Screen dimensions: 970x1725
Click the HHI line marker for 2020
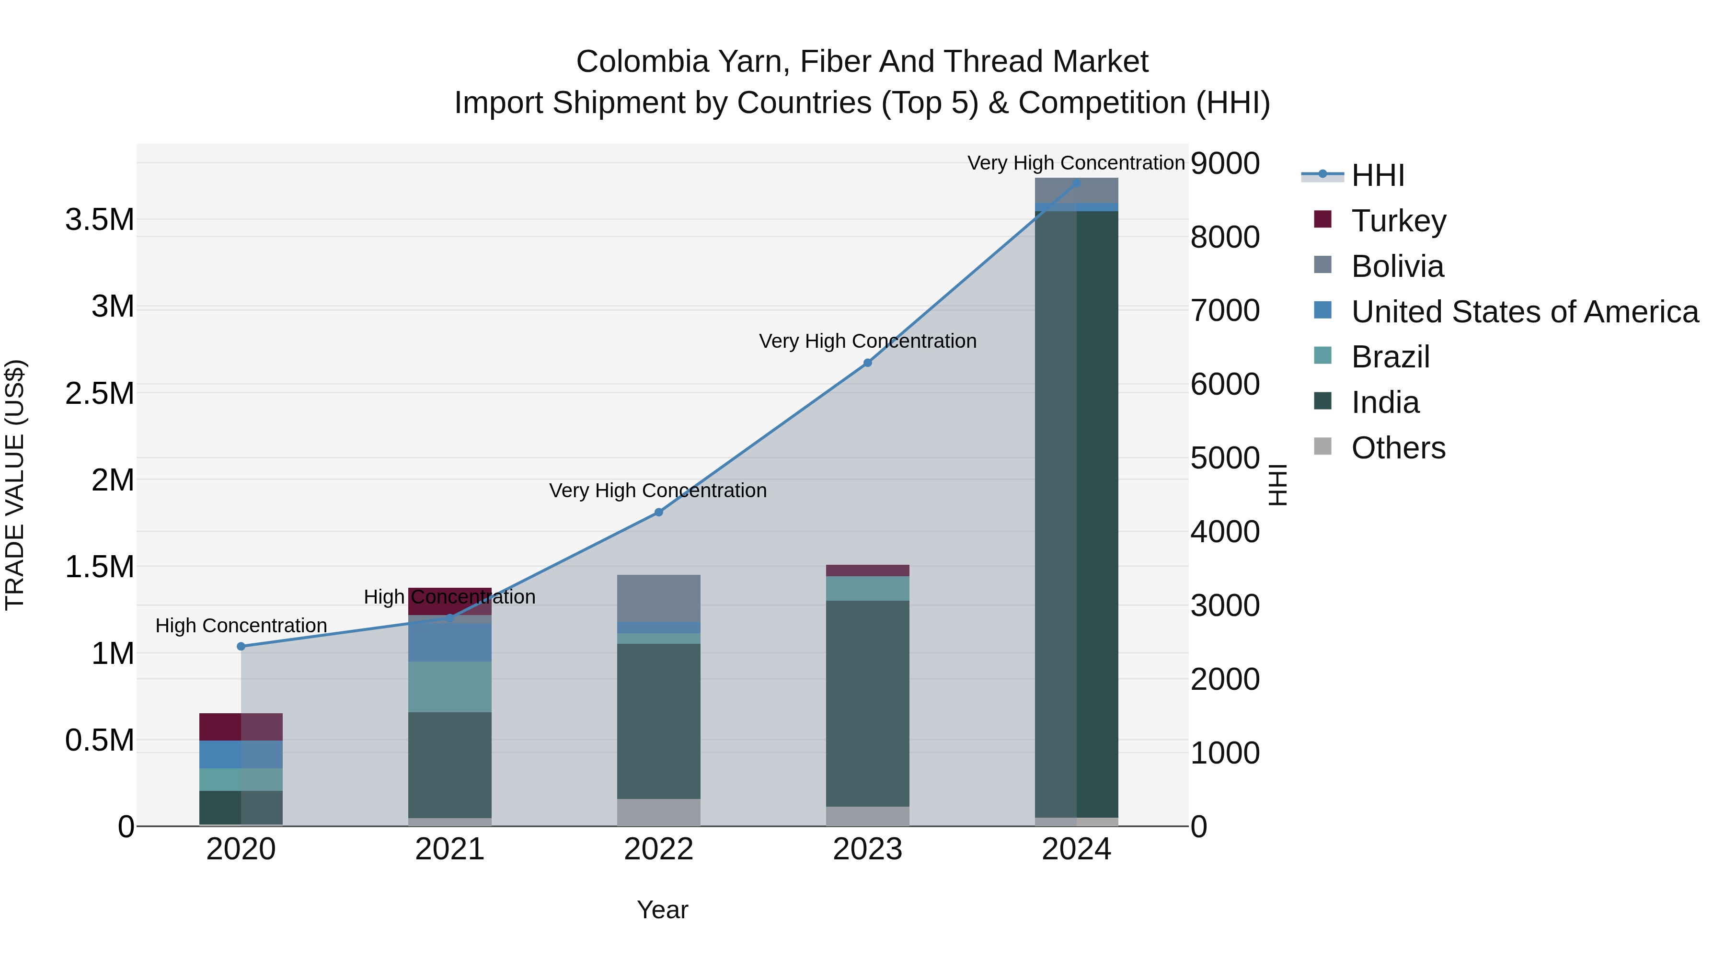tap(241, 646)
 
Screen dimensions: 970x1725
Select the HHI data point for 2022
tap(658, 512)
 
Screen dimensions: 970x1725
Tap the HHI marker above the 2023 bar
tap(867, 363)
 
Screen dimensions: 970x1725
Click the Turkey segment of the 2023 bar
tap(867, 571)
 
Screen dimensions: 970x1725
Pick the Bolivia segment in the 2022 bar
tap(658, 598)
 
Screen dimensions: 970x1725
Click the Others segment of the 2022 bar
tap(658, 812)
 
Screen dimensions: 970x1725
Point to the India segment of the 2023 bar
tap(867, 703)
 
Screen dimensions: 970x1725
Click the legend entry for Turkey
tap(1398, 221)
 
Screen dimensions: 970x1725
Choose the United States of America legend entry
tap(1524, 312)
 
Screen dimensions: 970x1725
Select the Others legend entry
tap(1398, 448)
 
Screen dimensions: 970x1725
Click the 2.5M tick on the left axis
tap(100, 394)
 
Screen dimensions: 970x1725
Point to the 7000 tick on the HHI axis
tap(1225, 310)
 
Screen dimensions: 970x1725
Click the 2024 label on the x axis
tap(1076, 849)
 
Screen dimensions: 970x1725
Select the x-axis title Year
tap(662, 910)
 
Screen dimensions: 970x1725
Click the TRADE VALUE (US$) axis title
tap(15, 485)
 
